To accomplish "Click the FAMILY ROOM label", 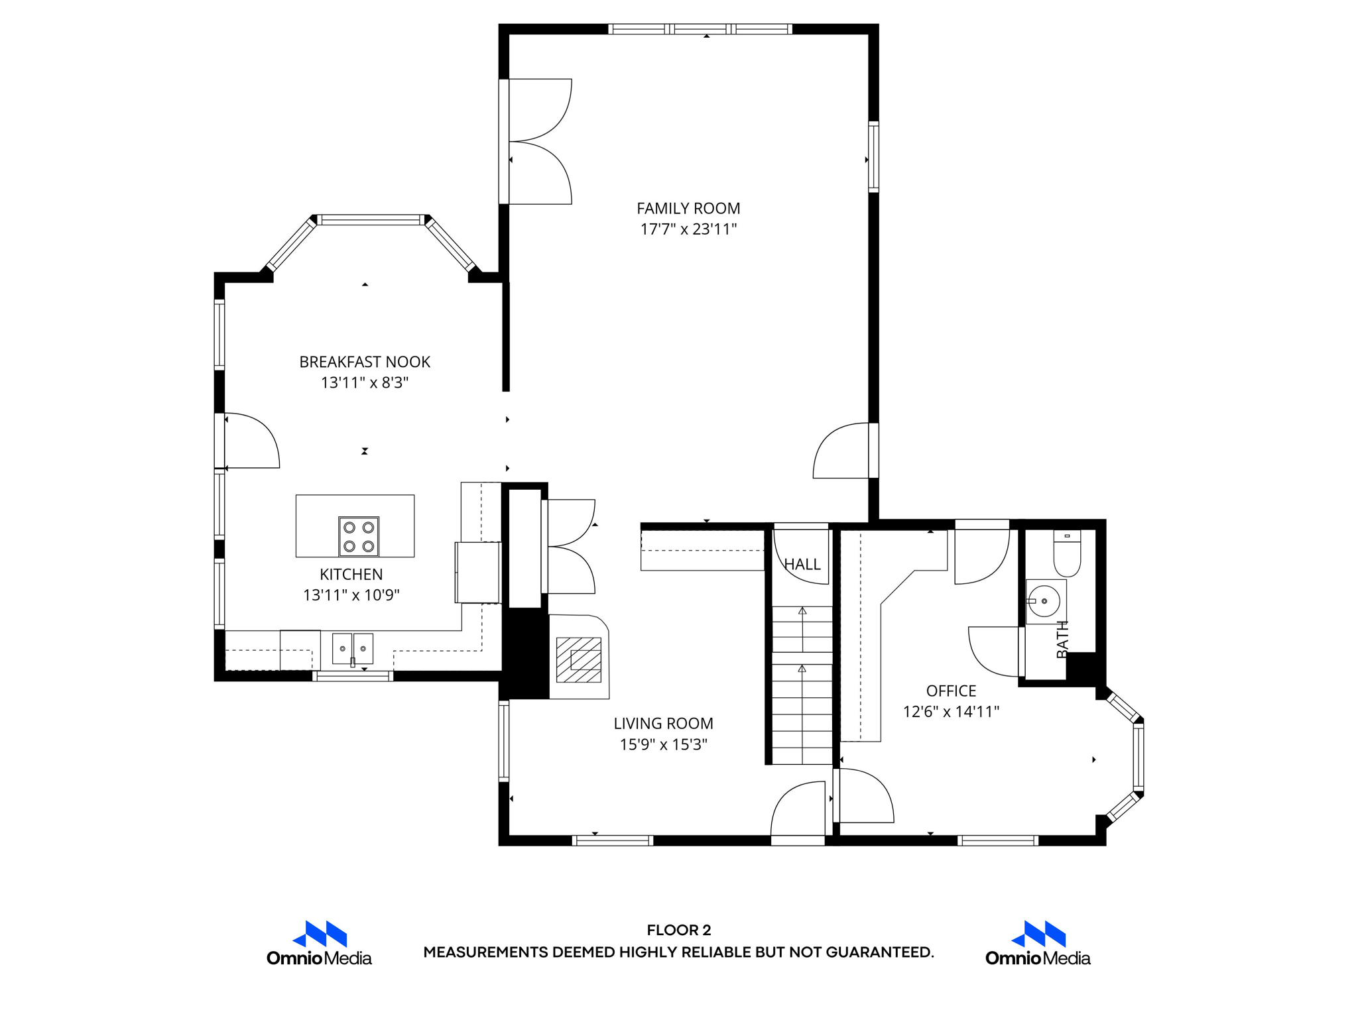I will coord(688,209).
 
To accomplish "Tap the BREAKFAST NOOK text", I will coord(365,362).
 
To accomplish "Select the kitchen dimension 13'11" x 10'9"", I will coord(351,595).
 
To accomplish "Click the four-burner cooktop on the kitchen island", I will coord(359,536).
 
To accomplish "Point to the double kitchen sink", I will coord(353,648).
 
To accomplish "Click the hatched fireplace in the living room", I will coord(579,659).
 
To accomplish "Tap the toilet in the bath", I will coord(1067,554).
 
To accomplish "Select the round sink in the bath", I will coord(1044,601).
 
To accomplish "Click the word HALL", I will coord(802,565).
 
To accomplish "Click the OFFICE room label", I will coord(951,691).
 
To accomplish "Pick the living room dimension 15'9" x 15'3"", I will coord(663,744).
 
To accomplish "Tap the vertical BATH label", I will coord(1062,639).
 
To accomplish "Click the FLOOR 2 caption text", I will coord(679,930).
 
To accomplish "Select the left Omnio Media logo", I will coord(319,943).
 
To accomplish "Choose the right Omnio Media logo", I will coord(1038,943).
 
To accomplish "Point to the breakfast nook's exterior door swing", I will coord(252,441).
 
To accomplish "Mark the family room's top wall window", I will coord(700,29).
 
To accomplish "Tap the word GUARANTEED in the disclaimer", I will coord(879,952).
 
